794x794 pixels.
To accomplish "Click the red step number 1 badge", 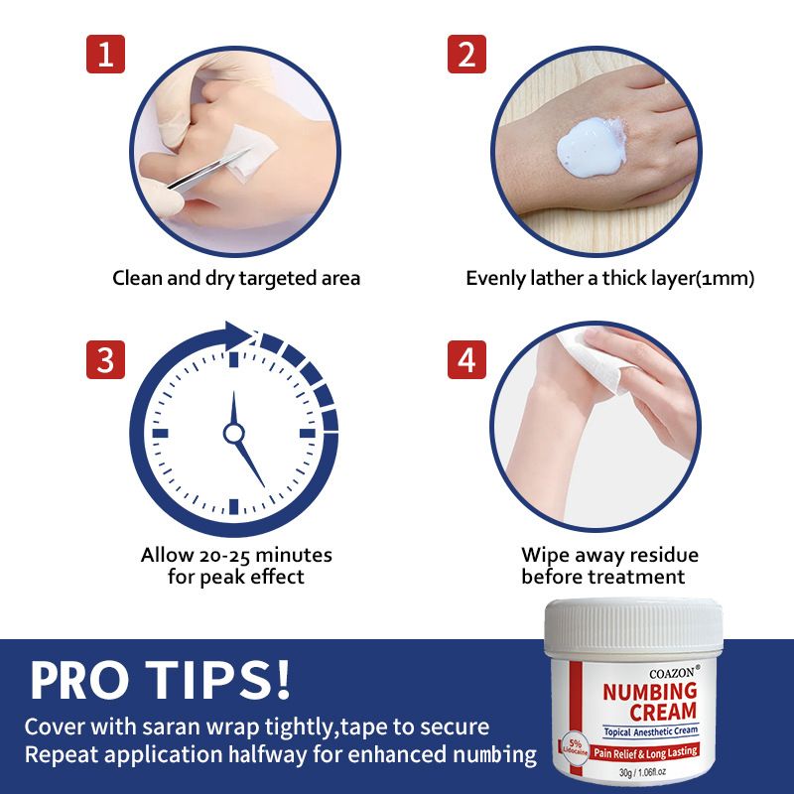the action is point(105,55).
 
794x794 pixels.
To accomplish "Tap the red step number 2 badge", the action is point(466,55).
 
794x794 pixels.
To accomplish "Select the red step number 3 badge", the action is point(105,359).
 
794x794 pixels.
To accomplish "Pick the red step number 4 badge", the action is point(466,359).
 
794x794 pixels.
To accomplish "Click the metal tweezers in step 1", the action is point(209,170).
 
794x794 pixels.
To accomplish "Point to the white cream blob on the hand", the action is point(592,146).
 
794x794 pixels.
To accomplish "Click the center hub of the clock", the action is point(233,434).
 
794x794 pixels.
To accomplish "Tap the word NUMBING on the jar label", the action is point(650,692).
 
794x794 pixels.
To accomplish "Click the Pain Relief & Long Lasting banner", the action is point(646,752).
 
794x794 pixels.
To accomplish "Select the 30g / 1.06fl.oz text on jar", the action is point(642,772).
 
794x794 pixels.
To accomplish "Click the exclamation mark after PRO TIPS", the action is point(282,679).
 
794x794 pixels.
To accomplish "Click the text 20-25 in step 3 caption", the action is point(225,556).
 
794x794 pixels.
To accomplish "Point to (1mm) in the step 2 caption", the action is point(725,279).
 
